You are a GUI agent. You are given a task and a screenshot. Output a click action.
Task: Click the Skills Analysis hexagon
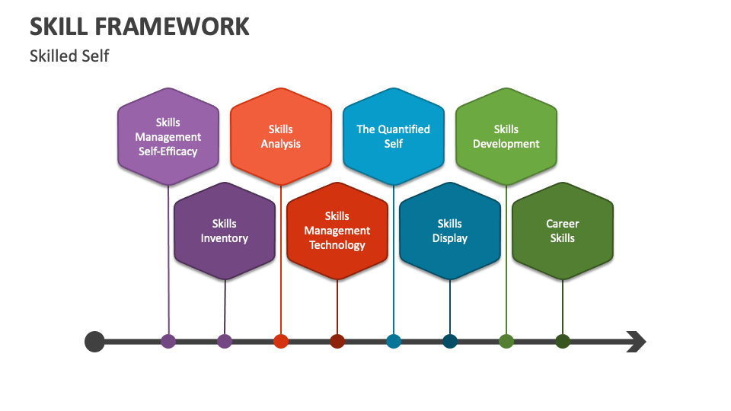point(281,136)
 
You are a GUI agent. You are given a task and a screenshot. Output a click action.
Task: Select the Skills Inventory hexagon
point(224,231)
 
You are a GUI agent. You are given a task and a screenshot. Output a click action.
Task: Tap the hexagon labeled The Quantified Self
point(394,136)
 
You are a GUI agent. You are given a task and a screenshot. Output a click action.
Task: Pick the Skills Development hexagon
point(506,136)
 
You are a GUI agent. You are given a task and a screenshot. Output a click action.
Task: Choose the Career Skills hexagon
point(563,231)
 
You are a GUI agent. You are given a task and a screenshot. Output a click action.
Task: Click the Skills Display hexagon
point(450,231)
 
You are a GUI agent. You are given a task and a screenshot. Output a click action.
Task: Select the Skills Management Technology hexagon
point(337,231)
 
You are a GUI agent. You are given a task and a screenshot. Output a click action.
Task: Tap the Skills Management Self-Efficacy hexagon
point(168,136)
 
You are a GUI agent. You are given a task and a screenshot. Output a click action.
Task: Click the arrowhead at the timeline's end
point(637,342)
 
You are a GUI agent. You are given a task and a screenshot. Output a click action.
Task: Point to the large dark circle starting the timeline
point(94,342)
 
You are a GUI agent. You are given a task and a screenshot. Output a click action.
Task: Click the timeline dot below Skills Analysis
point(281,341)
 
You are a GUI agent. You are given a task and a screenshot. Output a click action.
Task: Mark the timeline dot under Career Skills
point(563,341)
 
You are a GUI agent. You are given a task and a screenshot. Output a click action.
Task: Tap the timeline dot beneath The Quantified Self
point(394,341)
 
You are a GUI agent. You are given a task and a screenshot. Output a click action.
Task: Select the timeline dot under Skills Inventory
point(224,341)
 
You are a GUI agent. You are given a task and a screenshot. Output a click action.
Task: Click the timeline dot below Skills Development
point(506,341)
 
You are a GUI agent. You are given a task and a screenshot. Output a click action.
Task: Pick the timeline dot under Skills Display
point(450,341)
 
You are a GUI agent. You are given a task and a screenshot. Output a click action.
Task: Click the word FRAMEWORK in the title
point(172,27)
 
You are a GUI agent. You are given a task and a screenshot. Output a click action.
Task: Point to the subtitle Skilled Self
point(69,56)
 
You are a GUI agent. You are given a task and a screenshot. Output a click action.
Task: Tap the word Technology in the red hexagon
point(337,246)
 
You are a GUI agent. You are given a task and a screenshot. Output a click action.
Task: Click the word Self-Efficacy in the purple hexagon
point(168,151)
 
